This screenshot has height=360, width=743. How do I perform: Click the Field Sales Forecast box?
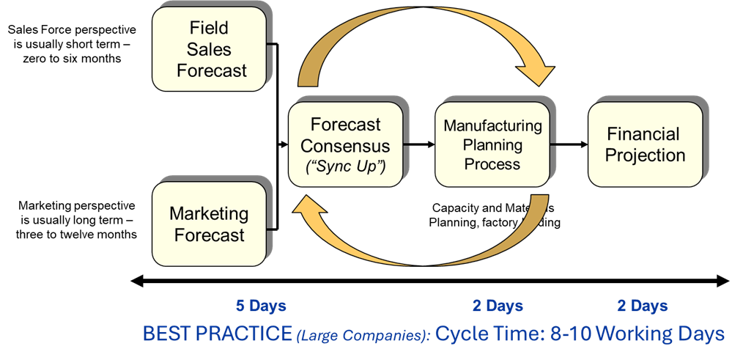coord(209,50)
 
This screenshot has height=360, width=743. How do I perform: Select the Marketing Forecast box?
coord(209,224)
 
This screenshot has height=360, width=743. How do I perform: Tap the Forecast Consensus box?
coord(345,144)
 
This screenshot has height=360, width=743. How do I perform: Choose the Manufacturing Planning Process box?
coord(492,144)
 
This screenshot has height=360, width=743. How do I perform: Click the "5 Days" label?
coord(260,306)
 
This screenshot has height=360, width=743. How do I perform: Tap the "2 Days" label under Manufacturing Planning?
coord(498,306)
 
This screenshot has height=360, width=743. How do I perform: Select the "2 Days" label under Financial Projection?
coord(642,306)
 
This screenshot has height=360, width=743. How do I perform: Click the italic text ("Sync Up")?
coord(345,166)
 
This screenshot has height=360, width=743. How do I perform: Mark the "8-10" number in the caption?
coord(566,334)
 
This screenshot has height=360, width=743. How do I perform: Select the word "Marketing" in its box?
coord(209,214)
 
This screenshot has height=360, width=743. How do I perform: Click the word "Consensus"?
coord(345,145)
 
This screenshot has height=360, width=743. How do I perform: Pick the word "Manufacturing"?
coord(492,125)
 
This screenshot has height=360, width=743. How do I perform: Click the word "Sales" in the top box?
coord(209,50)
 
